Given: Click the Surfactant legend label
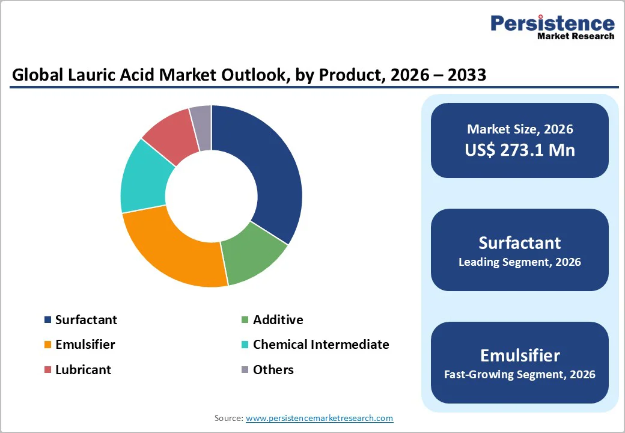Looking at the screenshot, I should tap(86, 320).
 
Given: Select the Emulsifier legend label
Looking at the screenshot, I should tap(85, 345).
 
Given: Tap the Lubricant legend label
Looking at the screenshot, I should tap(83, 369).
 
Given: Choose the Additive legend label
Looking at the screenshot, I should tap(278, 320).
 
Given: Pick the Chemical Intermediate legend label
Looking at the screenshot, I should tap(321, 345).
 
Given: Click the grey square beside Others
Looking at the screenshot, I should tap(245, 370).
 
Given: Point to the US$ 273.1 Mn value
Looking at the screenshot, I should tap(520, 150).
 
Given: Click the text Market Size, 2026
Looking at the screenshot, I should tap(520, 129).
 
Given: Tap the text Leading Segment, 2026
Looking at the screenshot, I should tap(520, 262).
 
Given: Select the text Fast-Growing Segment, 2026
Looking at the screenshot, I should tap(520, 375).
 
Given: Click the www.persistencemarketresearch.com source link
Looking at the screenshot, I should tap(319, 418).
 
